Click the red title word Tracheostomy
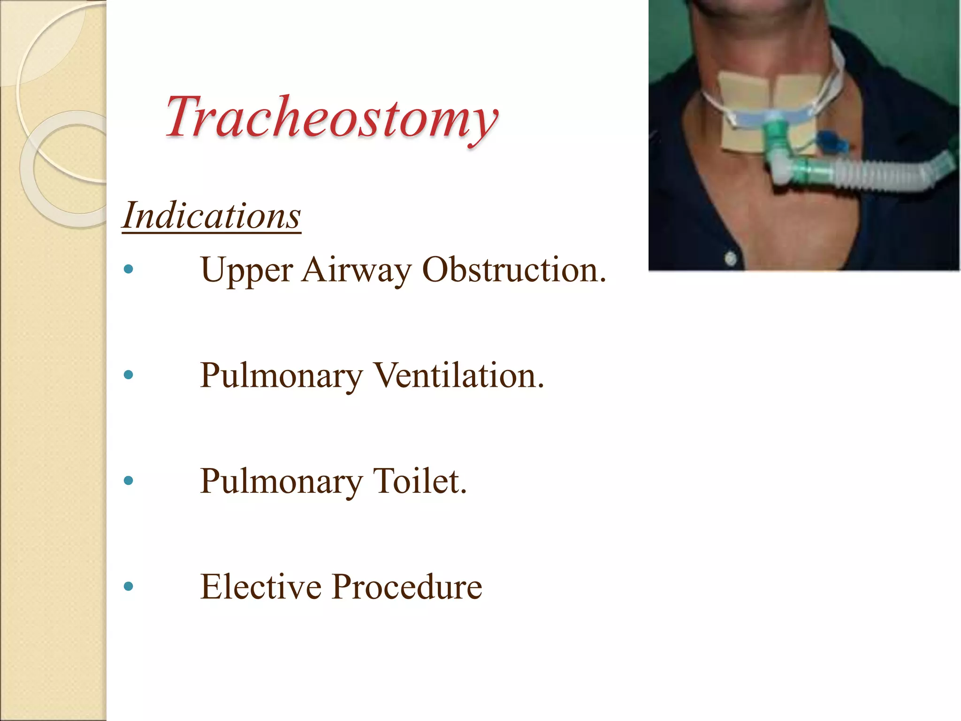[331, 117]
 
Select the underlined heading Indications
[212, 216]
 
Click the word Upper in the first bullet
[247, 271]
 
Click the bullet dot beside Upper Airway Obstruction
[128, 269]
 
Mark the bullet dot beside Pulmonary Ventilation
[128, 375]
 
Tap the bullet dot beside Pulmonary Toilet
[128, 481]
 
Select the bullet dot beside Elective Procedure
[128, 586]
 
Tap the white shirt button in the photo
[731, 258]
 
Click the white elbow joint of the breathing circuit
[783, 171]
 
